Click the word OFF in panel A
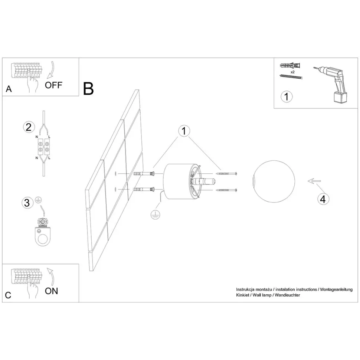click(53, 85)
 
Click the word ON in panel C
click(52, 291)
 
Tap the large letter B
click(88, 89)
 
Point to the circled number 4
click(323, 199)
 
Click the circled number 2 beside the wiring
click(29, 127)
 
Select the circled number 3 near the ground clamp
click(27, 203)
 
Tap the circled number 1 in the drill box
click(287, 96)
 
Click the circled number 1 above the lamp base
click(184, 131)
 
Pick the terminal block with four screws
click(44, 147)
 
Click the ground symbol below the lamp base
click(156, 215)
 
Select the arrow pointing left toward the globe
click(314, 181)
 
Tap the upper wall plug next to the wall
click(144, 174)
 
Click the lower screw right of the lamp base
click(226, 190)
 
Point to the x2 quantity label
click(292, 72)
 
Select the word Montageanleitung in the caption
click(336, 289)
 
